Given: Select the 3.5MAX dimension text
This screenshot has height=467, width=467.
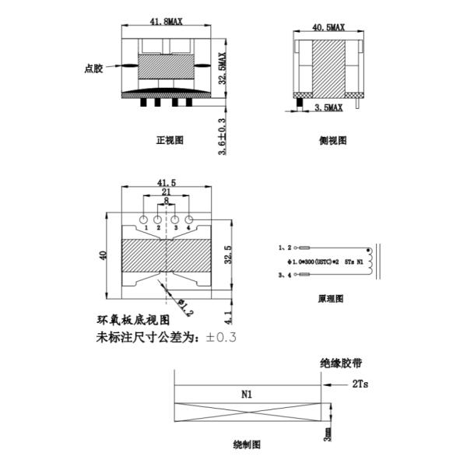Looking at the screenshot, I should [x=328, y=105].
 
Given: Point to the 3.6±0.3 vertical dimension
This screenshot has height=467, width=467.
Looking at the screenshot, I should [x=222, y=136].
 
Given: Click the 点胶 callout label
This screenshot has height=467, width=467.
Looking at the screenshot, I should [x=93, y=68].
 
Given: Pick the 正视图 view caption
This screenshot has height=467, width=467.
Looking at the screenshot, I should [x=169, y=141].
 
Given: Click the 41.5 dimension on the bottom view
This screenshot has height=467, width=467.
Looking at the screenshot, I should [x=167, y=181].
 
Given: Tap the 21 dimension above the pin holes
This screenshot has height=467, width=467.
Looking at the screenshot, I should [x=166, y=191].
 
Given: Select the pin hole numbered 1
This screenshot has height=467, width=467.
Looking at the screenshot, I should [x=144, y=219].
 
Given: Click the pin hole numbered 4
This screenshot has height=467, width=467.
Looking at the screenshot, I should [x=188, y=219].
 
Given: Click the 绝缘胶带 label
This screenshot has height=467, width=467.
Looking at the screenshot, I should [x=341, y=363].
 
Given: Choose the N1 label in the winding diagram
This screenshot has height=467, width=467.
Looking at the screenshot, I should [x=247, y=395].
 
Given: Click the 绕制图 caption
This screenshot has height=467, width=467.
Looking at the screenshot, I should [x=247, y=444].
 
